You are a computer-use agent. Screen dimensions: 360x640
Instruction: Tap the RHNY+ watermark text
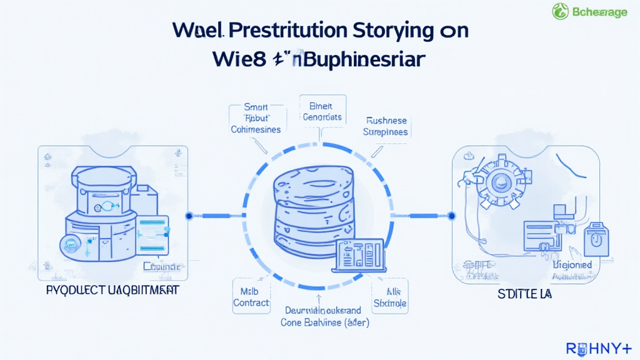click(598, 348)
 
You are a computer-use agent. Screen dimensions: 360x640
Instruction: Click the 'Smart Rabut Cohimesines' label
click(256, 118)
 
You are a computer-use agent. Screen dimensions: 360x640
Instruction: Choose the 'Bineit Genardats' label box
click(321, 111)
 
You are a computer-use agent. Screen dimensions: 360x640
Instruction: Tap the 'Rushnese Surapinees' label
click(386, 127)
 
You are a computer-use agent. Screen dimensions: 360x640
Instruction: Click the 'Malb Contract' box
click(251, 297)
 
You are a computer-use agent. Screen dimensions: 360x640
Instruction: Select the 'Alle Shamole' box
click(389, 297)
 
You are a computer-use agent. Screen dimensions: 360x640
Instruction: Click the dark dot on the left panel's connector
click(189, 216)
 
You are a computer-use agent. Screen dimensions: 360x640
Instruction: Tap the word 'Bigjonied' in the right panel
click(572, 265)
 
